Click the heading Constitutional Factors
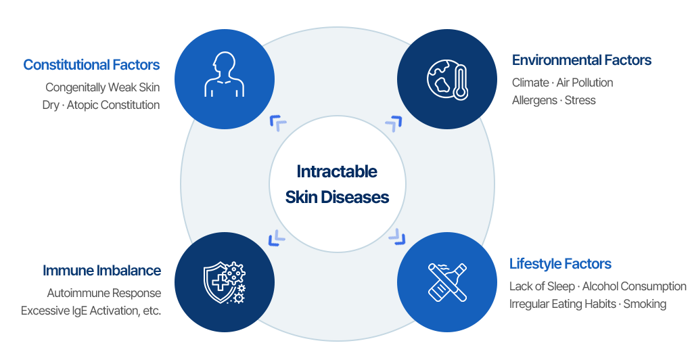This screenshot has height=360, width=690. click(x=91, y=65)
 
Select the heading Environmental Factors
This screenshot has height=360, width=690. click(x=581, y=60)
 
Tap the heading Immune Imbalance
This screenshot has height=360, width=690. click(x=101, y=271)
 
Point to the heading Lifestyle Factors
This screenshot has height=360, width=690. click(x=560, y=264)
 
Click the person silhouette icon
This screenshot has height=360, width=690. click(x=224, y=76)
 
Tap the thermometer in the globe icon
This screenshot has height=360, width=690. click(x=461, y=82)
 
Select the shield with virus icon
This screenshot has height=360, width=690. click(x=224, y=282)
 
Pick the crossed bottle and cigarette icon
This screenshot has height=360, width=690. click(x=446, y=282)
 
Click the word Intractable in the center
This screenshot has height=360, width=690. click(x=337, y=172)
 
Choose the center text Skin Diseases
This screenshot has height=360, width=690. click(x=337, y=198)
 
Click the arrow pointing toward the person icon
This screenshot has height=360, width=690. click(x=278, y=123)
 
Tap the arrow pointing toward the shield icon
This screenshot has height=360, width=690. click(x=277, y=237)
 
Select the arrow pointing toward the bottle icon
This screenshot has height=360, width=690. click(x=396, y=237)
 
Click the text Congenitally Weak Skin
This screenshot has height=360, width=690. click(x=103, y=87)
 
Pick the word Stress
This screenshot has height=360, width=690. click(x=580, y=100)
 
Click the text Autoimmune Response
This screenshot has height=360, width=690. click(x=104, y=293)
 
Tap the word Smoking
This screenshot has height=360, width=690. click(x=645, y=304)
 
